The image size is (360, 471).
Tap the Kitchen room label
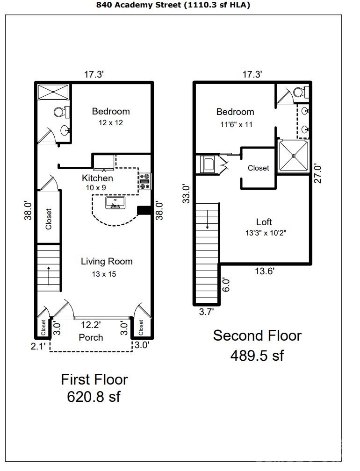point(97,178)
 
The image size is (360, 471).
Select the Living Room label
point(107,261)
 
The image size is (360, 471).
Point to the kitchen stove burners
point(145,181)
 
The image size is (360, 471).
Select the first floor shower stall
point(53,92)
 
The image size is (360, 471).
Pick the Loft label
point(264,222)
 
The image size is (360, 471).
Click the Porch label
point(91,337)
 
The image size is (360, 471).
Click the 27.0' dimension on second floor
point(318,173)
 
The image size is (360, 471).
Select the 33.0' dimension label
point(186,194)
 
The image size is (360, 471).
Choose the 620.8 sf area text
point(94,397)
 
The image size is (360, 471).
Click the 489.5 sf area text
point(257,355)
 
